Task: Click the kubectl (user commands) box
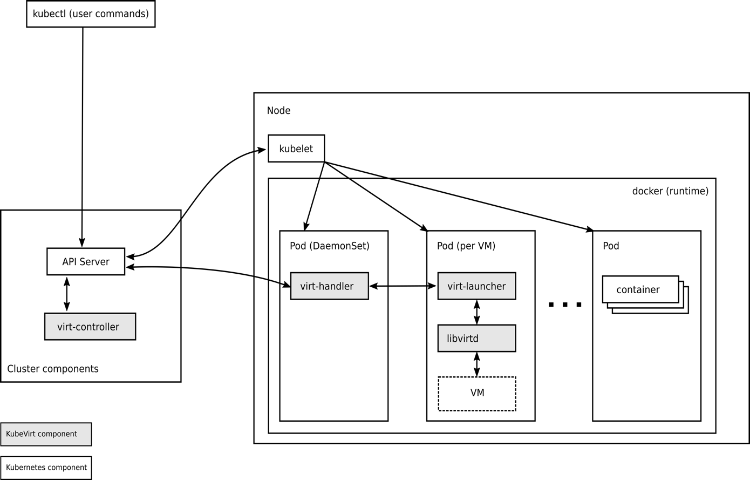click(91, 14)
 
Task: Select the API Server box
click(86, 262)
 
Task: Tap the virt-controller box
click(90, 327)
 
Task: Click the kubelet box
click(296, 148)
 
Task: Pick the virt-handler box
click(329, 286)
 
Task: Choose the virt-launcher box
click(476, 286)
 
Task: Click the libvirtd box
click(476, 339)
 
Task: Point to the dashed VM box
click(477, 393)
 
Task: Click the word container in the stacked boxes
click(638, 290)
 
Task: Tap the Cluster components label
click(53, 369)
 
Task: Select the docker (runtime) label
click(670, 191)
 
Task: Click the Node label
click(278, 111)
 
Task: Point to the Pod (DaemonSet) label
click(330, 246)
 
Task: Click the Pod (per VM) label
click(466, 246)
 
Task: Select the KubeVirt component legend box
click(46, 434)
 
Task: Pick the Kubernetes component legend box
click(46, 468)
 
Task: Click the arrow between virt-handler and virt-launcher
click(403, 286)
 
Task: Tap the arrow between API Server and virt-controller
click(67, 294)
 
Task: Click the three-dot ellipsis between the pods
click(565, 305)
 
